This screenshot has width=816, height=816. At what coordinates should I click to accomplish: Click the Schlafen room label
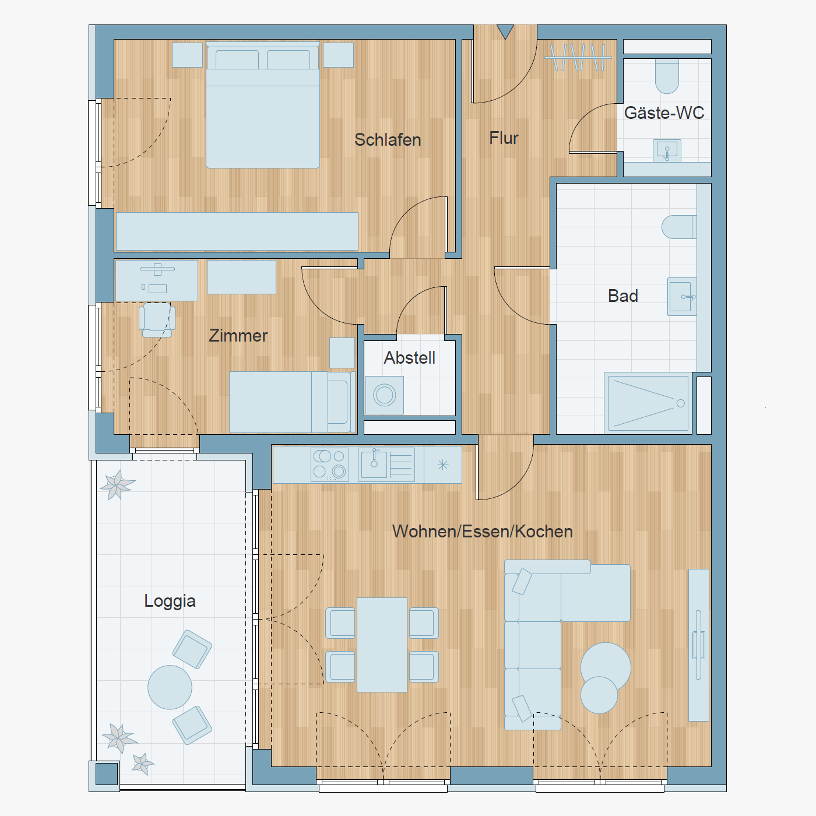(x=388, y=140)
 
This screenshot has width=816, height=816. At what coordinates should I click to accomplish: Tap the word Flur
(x=504, y=138)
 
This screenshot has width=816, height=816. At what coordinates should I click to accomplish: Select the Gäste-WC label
(x=664, y=112)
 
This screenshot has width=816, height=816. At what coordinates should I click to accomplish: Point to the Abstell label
(x=410, y=358)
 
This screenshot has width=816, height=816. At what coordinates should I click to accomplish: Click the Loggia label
(x=170, y=601)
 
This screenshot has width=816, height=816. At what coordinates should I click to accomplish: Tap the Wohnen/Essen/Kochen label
(x=483, y=532)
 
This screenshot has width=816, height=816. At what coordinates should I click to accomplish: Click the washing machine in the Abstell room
(x=385, y=395)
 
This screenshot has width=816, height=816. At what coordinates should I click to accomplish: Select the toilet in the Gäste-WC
(x=667, y=76)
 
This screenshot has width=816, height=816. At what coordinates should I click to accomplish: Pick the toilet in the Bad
(x=679, y=227)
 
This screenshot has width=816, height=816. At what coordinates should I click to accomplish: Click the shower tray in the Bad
(x=648, y=403)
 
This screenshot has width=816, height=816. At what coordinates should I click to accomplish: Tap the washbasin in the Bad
(x=682, y=297)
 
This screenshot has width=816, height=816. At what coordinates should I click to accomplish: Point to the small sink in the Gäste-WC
(x=667, y=151)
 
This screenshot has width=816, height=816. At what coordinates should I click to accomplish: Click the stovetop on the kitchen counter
(x=330, y=465)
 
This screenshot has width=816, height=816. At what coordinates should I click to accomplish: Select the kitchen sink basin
(x=374, y=465)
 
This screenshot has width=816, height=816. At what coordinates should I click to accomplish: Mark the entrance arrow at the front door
(x=505, y=31)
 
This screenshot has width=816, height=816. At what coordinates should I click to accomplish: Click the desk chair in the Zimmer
(x=157, y=320)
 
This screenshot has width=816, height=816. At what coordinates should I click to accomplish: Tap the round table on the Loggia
(x=170, y=687)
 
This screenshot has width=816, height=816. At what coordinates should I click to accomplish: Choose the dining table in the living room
(x=382, y=645)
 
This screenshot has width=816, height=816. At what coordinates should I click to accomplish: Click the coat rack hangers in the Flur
(x=578, y=57)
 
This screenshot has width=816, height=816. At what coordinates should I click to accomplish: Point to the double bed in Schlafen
(x=262, y=105)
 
